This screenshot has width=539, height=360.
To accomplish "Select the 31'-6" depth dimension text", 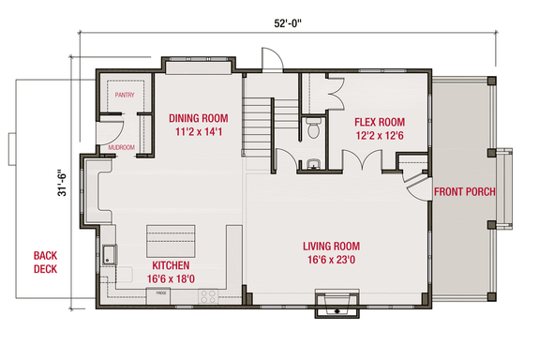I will tap(61, 176).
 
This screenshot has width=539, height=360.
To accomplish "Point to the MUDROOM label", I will tap(122, 147).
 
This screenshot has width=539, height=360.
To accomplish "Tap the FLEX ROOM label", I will tap(379, 122).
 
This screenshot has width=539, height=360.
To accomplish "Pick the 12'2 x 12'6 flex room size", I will tap(379, 136).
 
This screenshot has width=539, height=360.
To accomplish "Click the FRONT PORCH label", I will tap(464, 192).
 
